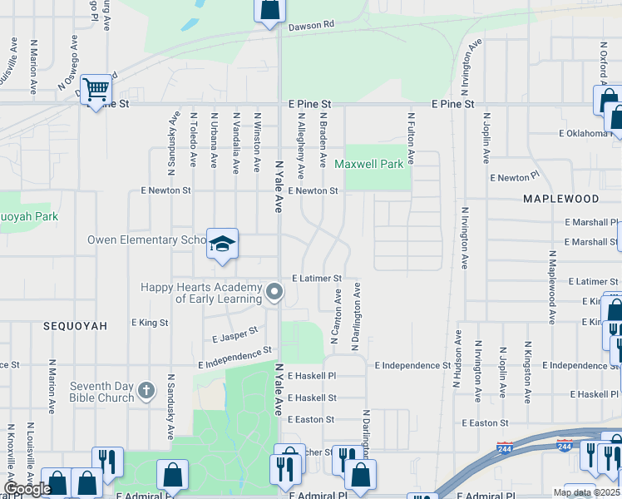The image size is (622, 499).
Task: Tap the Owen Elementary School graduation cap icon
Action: [222, 244]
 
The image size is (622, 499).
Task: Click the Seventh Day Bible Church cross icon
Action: [146, 390]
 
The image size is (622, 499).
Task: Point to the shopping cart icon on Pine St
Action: [96, 88]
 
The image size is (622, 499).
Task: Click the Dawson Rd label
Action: [311, 26]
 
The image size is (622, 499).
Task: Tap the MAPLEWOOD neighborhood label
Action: [560, 199]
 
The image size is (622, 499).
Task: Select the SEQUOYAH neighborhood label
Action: [76, 326]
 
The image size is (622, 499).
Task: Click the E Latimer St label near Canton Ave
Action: [316, 278]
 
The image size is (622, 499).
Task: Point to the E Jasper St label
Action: [235, 335]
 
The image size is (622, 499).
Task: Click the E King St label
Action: [150, 322]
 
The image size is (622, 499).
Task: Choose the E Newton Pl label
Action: [515, 177]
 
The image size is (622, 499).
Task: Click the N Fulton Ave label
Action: [410, 138]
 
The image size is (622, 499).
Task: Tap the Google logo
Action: [27, 489]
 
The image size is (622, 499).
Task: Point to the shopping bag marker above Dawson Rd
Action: [269, 11]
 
